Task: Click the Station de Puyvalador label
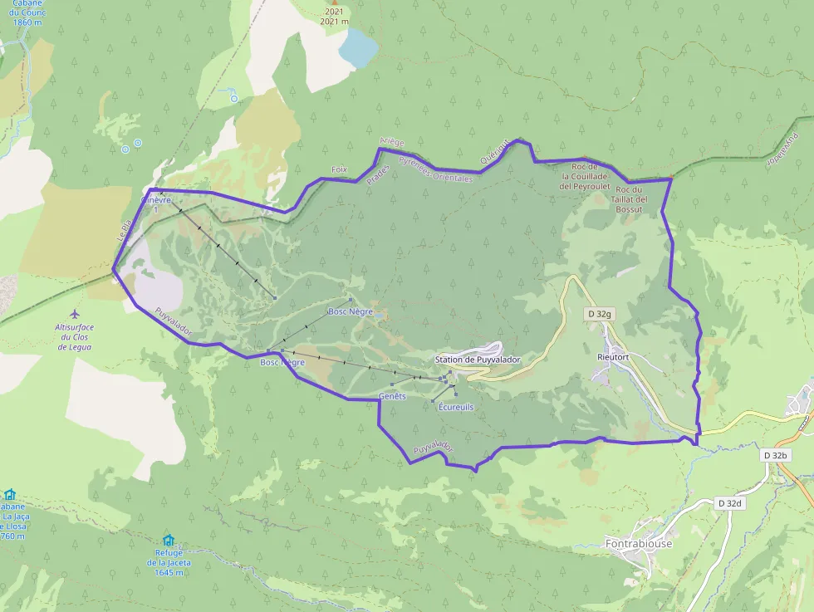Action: [x=478, y=360]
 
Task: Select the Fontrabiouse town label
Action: [x=639, y=544]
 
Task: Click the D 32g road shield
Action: [x=599, y=314]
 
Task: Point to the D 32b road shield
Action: [x=776, y=455]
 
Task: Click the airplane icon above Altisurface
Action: [x=76, y=314]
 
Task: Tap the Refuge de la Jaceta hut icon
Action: [x=169, y=540]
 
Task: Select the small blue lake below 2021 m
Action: [x=357, y=47]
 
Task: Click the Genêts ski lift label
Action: [x=392, y=396]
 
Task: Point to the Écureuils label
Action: [x=455, y=407]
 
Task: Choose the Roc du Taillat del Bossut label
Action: [x=636, y=199]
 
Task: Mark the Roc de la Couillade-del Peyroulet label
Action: [x=586, y=176]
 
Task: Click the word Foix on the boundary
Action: [x=338, y=169]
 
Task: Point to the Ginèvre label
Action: [x=155, y=200]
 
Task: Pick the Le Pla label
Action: [x=124, y=231]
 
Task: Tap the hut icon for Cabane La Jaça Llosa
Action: [x=9, y=494]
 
